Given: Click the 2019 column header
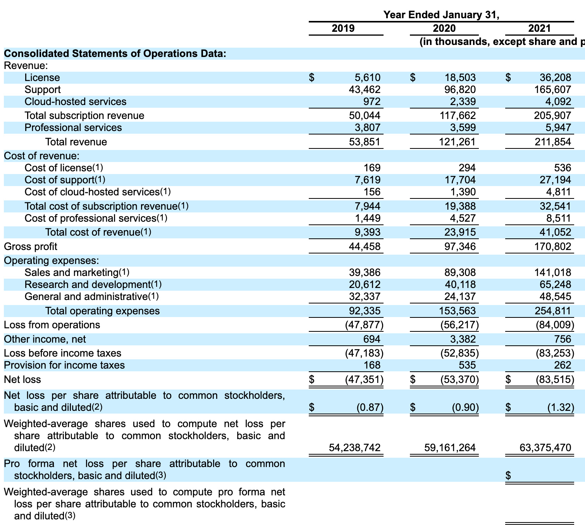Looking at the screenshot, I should click(x=343, y=28).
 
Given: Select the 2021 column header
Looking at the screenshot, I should click(x=539, y=28).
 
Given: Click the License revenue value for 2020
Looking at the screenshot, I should click(x=460, y=78).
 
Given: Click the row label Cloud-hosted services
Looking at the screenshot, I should click(x=75, y=102).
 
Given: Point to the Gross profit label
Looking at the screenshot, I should click(x=30, y=247).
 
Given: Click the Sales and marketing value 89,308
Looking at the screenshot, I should click(x=460, y=272).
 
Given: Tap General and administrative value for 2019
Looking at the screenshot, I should click(x=365, y=297).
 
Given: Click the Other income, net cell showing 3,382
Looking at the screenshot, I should click(x=463, y=339).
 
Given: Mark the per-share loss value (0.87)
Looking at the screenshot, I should click(x=370, y=407).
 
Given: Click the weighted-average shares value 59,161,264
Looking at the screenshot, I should click(x=450, y=448).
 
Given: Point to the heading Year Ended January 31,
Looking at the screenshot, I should click(x=441, y=15).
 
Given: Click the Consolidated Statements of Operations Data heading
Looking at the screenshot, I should click(x=115, y=53).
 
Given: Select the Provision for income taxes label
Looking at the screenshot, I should click(x=64, y=365).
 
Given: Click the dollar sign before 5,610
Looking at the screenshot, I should click(x=311, y=78).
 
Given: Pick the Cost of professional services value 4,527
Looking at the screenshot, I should click(x=463, y=218).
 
